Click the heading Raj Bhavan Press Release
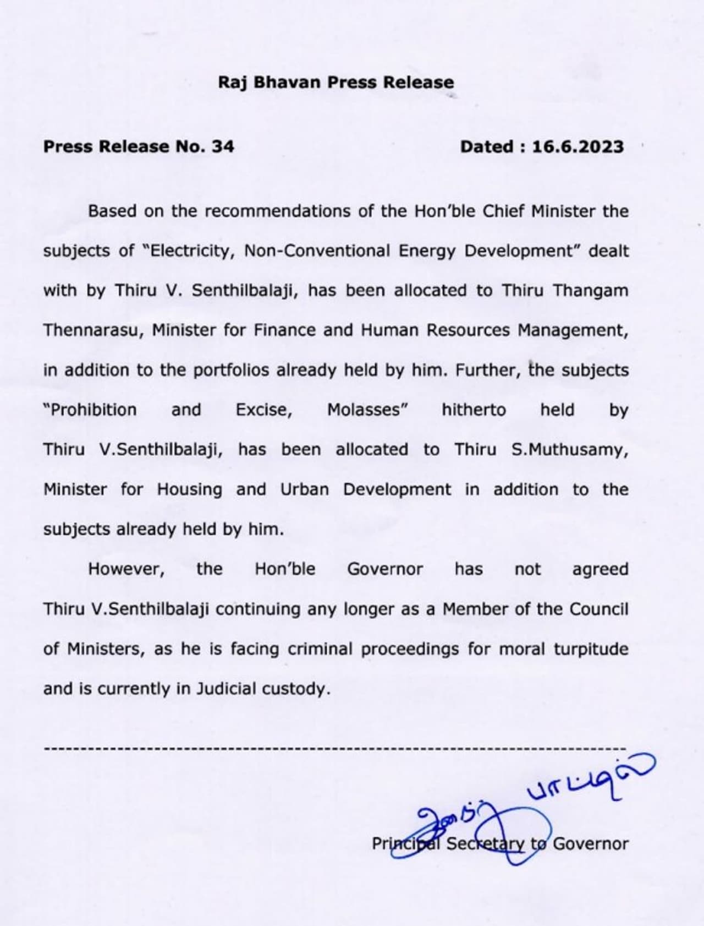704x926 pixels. pyautogui.click(x=336, y=83)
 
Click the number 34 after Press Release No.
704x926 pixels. pyautogui.click(x=222, y=147)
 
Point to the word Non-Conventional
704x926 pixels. pyautogui.click(x=317, y=251)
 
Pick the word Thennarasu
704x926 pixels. pyautogui.click(x=93, y=330)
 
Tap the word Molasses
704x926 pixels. pyautogui.click(x=367, y=410)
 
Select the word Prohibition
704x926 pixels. pyautogui.click(x=90, y=410)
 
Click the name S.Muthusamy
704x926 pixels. pyautogui.click(x=570, y=450)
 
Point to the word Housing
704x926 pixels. pyautogui.click(x=189, y=489)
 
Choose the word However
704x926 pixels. pyautogui.click(x=127, y=569)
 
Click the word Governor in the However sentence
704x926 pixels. pyautogui.click(x=385, y=569)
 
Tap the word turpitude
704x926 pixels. pyautogui.click(x=591, y=649)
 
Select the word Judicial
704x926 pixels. pyautogui.click(x=227, y=689)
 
